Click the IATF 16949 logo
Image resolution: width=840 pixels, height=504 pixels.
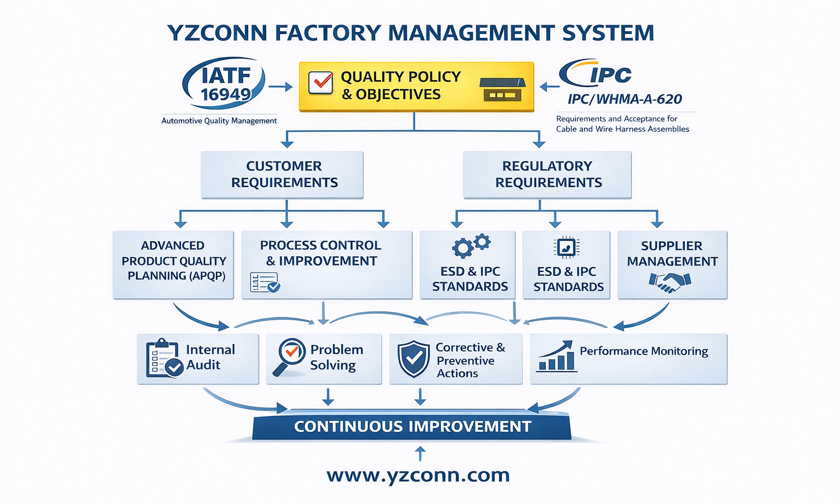point(224,84)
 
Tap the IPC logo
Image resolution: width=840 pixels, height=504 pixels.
point(596,74)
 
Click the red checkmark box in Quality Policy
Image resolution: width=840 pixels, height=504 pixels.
point(320,83)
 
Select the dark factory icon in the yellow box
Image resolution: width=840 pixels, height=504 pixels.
point(502,89)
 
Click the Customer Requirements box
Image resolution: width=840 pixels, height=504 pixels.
point(282,175)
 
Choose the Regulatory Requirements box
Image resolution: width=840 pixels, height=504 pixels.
point(547,175)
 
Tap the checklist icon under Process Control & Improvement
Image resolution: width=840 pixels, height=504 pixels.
point(265,282)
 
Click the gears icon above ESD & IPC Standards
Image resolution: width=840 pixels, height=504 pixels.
point(471,245)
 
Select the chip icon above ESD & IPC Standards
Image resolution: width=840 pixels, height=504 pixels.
point(566,247)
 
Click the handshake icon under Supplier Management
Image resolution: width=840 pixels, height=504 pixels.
point(670,282)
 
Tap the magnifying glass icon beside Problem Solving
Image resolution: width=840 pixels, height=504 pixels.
point(289,357)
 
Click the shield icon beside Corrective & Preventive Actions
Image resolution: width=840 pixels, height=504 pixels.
point(413,359)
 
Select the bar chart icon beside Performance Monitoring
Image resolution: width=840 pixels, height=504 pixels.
point(557,357)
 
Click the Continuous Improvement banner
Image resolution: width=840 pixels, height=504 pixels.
point(412,426)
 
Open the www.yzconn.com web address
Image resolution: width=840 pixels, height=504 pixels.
point(418,475)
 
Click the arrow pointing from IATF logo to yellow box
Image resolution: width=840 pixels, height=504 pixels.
point(281,86)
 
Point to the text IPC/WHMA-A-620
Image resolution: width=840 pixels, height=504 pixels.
point(625,99)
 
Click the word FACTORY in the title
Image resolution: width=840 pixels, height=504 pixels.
point(327,33)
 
